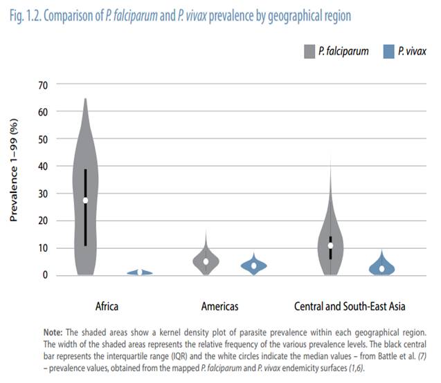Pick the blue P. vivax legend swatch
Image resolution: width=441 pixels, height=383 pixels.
tap(388, 51)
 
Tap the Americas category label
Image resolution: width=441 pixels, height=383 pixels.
tap(220, 306)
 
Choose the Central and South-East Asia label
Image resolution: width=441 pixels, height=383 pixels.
tap(350, 306)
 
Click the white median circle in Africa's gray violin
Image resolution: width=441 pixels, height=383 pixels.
tap(85, 200)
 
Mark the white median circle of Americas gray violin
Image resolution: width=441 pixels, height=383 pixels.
tap(206, 261)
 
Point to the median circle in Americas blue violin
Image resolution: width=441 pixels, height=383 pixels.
tap(254, 265)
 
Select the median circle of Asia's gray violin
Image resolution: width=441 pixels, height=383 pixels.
tap(331, 245)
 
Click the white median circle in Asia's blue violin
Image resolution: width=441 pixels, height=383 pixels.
tap(381, 269)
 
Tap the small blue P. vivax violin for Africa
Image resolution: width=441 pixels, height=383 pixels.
tap(139, 272)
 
